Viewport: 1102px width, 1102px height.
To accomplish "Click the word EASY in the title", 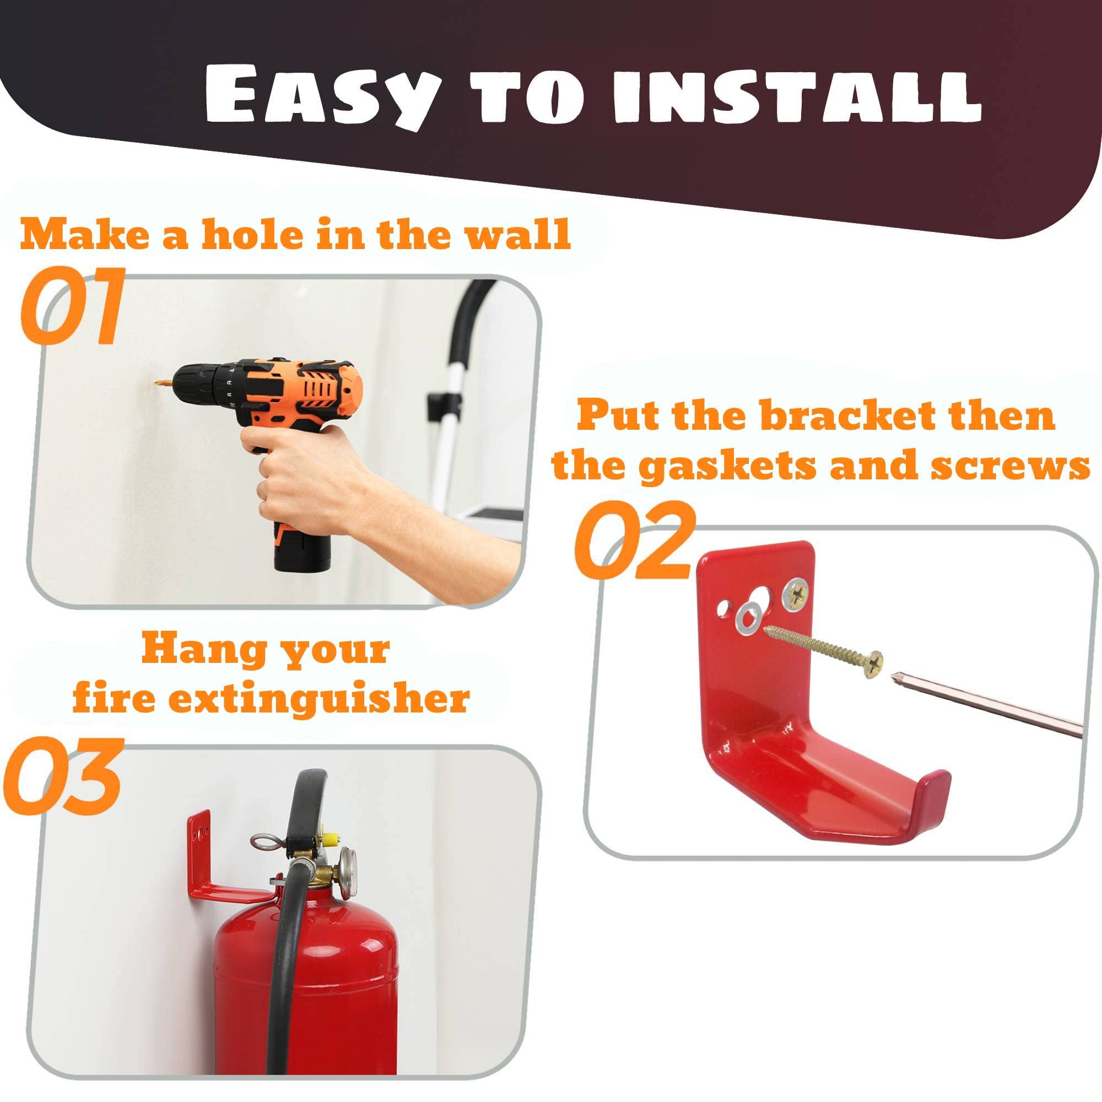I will tap(323, 95).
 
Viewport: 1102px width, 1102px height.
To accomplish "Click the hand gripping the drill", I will tap(296, 456).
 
